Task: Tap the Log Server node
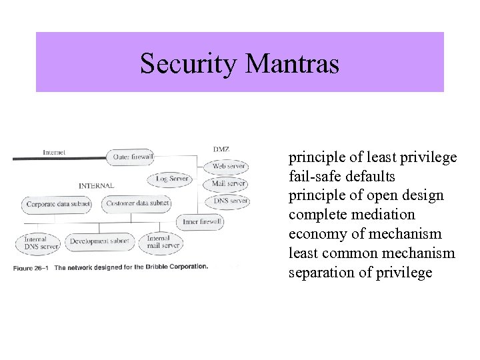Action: coord(171,179)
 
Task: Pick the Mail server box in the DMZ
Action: coord(228,183)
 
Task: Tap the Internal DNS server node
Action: coord(39,242)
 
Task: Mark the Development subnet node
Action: coord(99,241)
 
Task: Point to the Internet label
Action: coord(55,152)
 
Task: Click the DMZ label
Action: coord(221,149)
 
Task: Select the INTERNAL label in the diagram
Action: coord(97,185)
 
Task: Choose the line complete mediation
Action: coord(351,215)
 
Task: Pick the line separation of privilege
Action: coord(361,272)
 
